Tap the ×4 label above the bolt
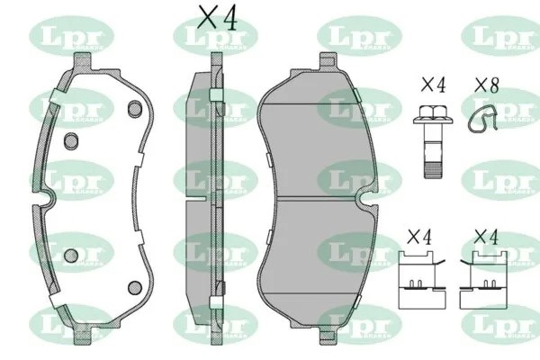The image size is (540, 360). coord(434,85)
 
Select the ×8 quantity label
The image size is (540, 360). coord(487,85)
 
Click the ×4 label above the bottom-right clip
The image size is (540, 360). coord(486,238)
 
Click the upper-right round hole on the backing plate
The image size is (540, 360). coord(135,109)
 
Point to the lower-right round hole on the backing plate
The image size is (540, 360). coord(135,287)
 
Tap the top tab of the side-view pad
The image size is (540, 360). coord(215,63)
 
